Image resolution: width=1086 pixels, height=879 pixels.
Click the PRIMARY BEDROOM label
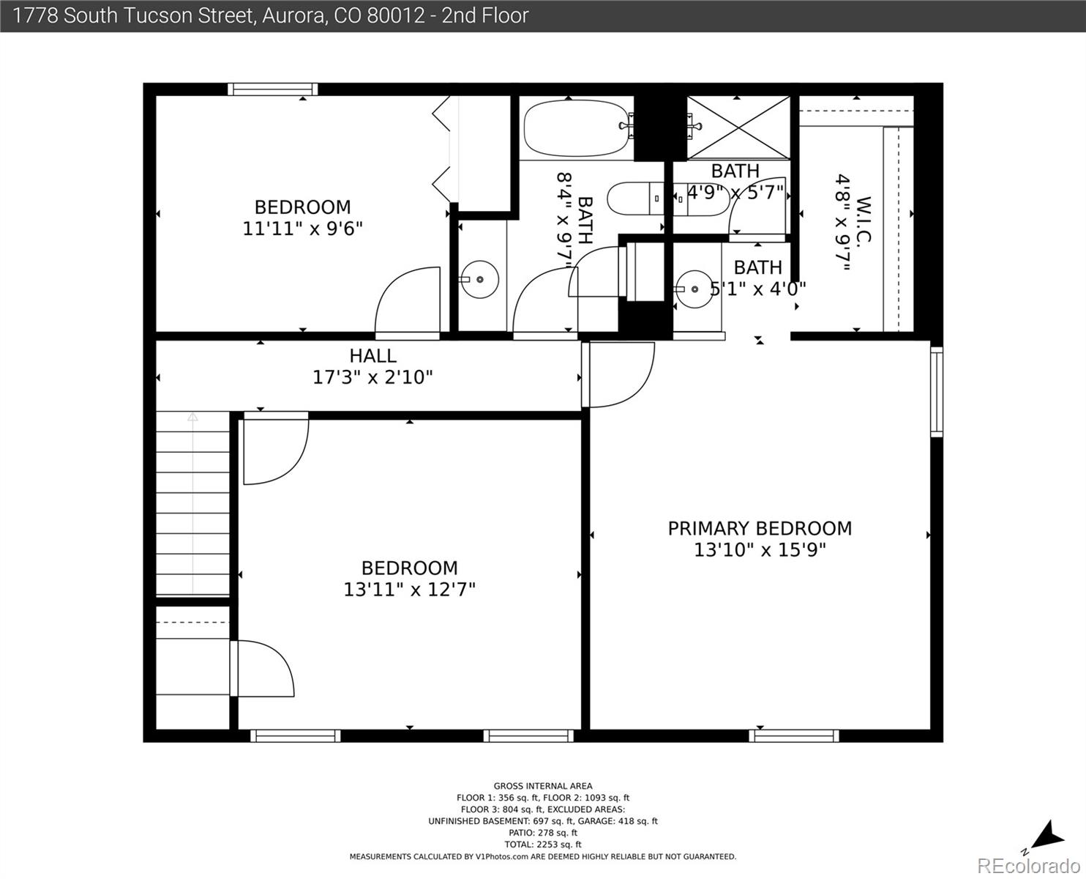760,529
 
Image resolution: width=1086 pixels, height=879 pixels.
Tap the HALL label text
372,355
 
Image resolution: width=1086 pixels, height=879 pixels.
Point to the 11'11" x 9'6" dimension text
302,229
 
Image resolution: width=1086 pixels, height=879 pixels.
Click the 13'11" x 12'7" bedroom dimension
409,590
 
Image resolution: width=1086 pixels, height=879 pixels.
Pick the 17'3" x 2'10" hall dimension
372,377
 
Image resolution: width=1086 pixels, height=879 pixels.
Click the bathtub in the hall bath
577,128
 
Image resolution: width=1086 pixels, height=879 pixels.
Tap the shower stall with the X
738,127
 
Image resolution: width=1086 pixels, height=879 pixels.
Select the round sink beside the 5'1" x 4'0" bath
694,289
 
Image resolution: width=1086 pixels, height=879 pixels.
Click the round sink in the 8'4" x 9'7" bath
480,280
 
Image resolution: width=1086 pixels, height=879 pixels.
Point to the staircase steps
192,503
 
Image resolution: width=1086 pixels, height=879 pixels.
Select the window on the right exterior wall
937,392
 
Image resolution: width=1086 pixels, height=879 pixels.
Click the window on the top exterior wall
273,89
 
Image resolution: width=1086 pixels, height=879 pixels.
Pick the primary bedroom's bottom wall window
794,735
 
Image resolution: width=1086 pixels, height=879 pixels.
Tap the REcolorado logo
1029,866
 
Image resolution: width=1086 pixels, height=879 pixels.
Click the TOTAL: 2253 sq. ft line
543,845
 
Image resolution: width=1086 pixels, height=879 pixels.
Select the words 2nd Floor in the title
485,16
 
